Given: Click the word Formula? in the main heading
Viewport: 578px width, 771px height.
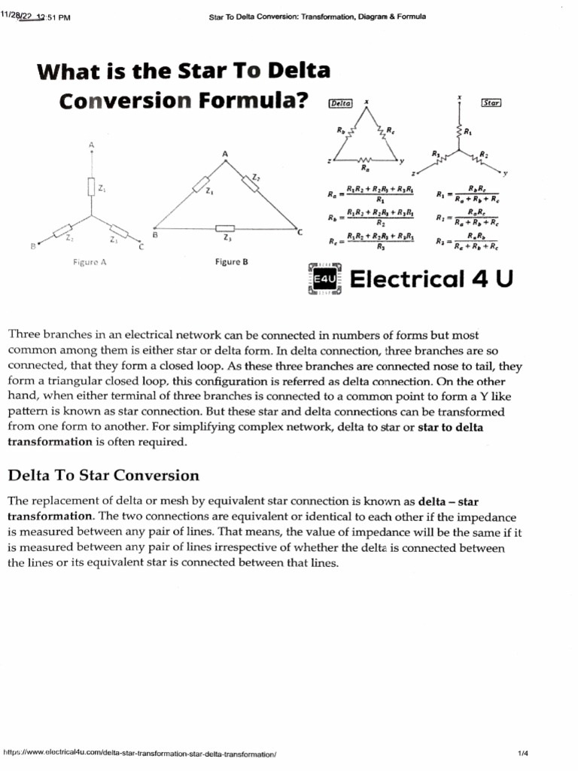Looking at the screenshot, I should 251,101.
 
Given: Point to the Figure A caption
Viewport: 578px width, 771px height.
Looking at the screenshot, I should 90,263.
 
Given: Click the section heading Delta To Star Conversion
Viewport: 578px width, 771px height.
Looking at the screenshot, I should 103,475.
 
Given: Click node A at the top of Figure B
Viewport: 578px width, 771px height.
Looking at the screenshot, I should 224,154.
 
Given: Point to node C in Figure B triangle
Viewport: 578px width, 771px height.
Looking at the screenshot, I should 299,233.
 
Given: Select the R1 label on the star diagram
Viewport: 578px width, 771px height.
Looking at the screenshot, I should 467,133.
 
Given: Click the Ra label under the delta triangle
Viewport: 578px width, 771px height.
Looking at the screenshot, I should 365,169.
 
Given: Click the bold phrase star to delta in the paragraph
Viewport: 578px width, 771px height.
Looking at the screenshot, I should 449,427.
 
